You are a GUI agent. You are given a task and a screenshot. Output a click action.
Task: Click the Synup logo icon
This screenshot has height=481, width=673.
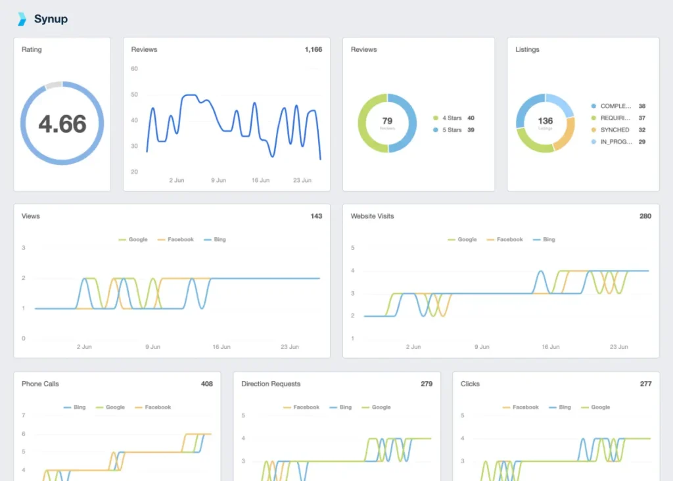(x=22, y=19)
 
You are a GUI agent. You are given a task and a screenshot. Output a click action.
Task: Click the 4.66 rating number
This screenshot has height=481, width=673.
(x=62, y=124)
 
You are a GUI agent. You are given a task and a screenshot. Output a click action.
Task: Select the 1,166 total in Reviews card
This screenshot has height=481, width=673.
(x=313, y=49)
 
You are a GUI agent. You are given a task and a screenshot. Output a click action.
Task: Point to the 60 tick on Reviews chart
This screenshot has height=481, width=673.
(x=134, y=68)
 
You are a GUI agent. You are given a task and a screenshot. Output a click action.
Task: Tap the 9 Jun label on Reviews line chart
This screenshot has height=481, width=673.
(x=218, y=180)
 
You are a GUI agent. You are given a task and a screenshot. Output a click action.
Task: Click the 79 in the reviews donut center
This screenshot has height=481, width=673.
(x=387, y=121)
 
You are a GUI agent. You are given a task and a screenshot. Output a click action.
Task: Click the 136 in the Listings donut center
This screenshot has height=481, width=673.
(x=545, y=121)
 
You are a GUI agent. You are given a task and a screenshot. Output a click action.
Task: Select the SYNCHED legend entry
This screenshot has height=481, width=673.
(x=615, y=130)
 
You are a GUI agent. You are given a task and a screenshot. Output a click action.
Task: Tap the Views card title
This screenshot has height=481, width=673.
(x=31, y=216)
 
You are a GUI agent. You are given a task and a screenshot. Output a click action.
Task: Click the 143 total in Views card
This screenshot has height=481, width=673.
(x=315, y=216)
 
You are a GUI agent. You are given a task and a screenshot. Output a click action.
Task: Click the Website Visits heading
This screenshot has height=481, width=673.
(x=372, y=216)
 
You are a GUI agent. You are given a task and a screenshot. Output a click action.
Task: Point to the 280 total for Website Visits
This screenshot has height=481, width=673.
(x=645, y=216)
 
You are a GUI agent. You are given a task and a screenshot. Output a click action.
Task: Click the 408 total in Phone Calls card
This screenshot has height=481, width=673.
(x=206, y=384)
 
